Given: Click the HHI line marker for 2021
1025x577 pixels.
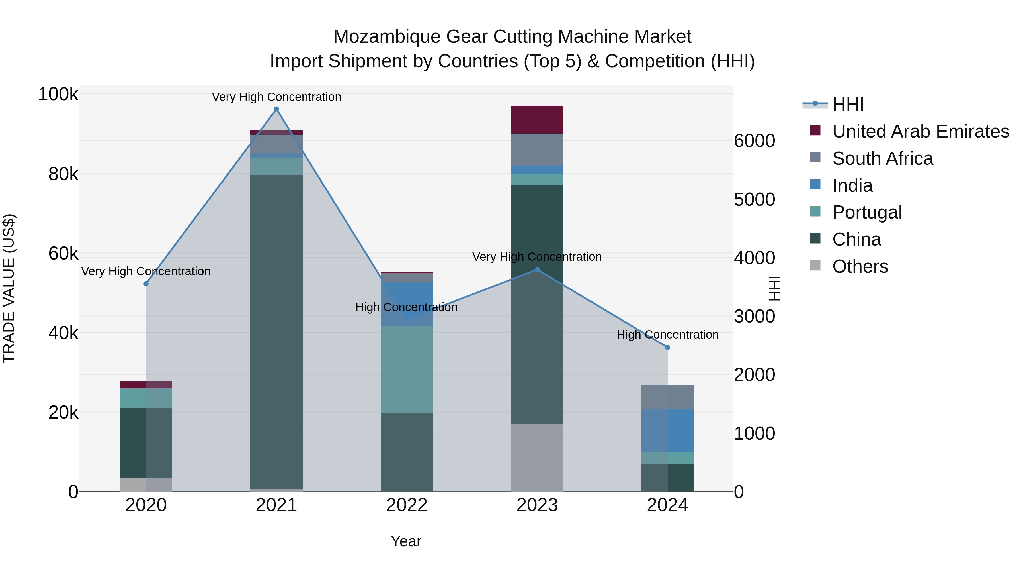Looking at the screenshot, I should (x=276, y=109).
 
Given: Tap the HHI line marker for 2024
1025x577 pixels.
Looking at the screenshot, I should (x=668, y=348).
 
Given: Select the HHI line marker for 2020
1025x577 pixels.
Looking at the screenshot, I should (x=146, y=284).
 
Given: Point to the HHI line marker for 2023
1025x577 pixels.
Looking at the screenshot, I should (x=537, y=270).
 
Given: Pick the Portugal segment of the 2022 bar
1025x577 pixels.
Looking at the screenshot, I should (x=407, y=369).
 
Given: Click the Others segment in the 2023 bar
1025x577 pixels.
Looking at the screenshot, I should (x=537, y=458).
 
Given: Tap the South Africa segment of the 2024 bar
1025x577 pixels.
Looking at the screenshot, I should (x=668, y=397).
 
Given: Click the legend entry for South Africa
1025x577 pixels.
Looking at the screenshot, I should (x=883, y=158).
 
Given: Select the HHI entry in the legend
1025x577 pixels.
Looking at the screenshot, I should (x=848, y=104).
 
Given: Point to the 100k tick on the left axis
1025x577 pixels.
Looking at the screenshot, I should (x=58, y=95).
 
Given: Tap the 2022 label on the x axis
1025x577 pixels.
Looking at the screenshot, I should (x=407, y=505).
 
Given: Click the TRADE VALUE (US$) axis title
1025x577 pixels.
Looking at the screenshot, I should (x=9, y=289).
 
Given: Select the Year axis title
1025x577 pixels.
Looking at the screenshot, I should (x=406, y=541).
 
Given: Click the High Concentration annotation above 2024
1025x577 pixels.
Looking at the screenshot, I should (x=668, y=335).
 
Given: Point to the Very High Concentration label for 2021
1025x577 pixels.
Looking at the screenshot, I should (x=276, y=97).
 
